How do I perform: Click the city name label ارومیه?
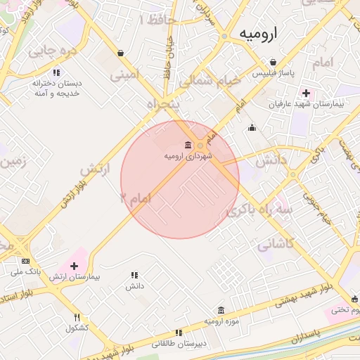coord(258,33)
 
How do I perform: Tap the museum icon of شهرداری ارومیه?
coord(187,145)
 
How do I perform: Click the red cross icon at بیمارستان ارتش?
coord(74,266)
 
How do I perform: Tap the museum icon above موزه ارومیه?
coord(221,310)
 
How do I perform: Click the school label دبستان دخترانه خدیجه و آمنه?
coord(56,88)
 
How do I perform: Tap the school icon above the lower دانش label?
coord(134,275)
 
